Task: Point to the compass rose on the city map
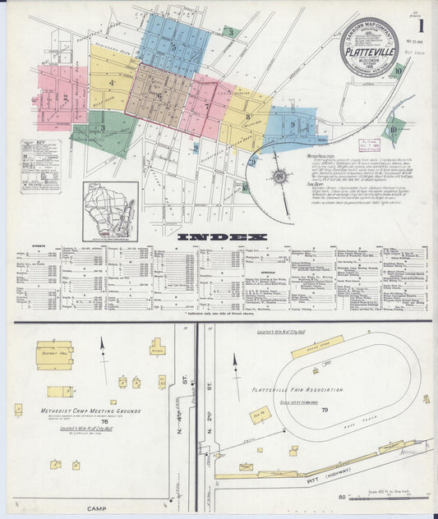click(x=279, y=176)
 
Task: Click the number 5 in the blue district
click(x=173, y=48)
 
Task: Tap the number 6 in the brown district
click(x=159, y=95)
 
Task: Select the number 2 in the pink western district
click(x=65, y=98)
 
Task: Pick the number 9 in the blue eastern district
click(x=293, y=124)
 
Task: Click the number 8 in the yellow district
click(x=247, y=117)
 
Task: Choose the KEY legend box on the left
click(x=40, y=165)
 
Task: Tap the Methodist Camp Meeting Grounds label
click(x=90, y=411)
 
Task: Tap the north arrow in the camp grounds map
click(x=103, y=347)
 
